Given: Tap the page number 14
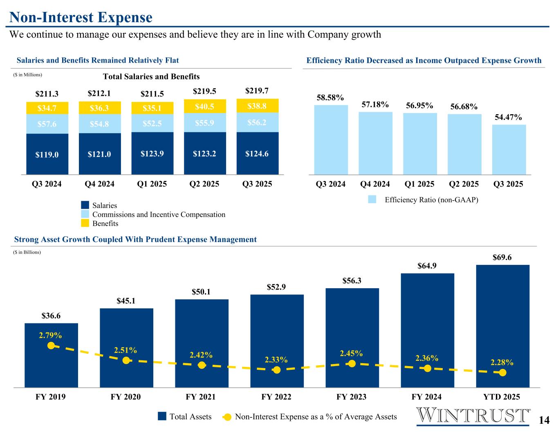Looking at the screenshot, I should click(x=544, y=420).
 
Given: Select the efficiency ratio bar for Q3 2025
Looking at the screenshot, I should click(x=509, y=149).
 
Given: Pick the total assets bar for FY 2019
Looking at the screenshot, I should click(x=51, y=355).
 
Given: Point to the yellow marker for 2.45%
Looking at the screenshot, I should click(x=352, y=363).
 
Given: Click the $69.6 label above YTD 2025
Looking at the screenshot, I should click(x=502, y=258).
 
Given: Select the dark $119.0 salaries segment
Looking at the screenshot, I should click(x=47, y=154).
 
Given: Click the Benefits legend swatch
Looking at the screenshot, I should click(x=85, y=223).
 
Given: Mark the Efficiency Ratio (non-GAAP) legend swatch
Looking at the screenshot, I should click(x=372, y=200).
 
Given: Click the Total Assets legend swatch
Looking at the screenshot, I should click(x=162, y=416).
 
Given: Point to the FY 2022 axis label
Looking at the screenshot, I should click(x=276, y=397).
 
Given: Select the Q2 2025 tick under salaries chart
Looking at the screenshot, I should click(x=204, y=184).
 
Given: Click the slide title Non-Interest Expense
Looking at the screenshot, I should click(x=81, y=17).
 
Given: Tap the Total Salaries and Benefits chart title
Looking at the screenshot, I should click(x=151, y=77).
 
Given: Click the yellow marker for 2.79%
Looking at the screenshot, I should click(x=51, y=346).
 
